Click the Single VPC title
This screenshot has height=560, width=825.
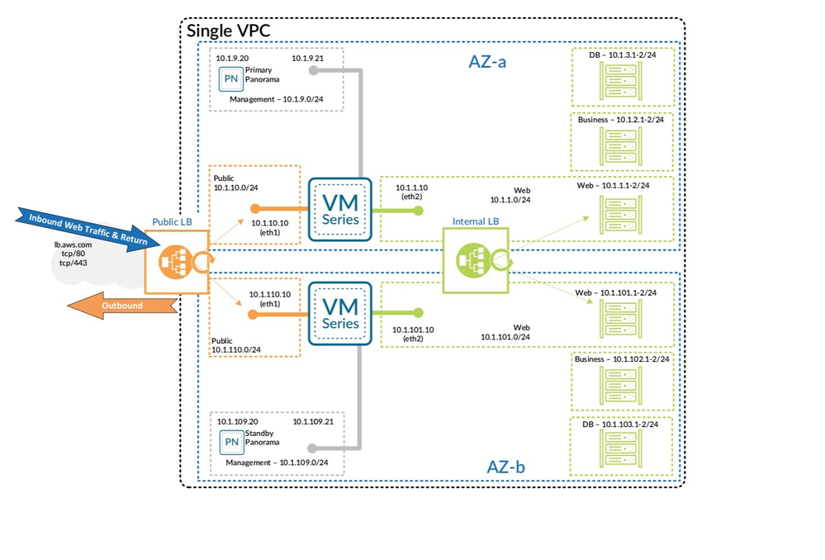click(229, 31)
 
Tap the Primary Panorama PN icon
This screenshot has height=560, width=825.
click(230, 79)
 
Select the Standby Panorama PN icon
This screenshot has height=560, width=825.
click(232, 442)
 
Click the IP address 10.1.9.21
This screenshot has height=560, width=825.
click(308, 59)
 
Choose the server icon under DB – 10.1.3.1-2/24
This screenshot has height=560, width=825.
click(623, 83)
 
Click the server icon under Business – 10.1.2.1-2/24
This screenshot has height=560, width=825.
click(623, 146)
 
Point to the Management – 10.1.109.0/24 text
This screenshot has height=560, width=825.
click(277, 463)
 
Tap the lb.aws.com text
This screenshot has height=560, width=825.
click(73, 245)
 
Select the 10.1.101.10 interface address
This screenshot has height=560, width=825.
click(414, 330)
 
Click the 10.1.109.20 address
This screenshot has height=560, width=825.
click(238, 422)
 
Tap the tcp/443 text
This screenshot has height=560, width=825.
click(70, 263)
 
